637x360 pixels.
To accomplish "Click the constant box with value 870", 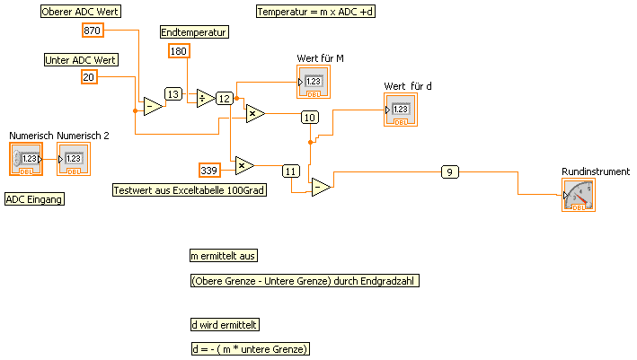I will (93, 31).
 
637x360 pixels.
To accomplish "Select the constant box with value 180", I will (179, 51).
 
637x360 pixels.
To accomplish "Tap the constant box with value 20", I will (89, 78).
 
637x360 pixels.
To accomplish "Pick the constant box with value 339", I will (209, 170).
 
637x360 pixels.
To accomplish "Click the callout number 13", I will (173, 93).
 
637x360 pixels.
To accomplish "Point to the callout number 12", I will (225, 99).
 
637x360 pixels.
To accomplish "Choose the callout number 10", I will (310, 117).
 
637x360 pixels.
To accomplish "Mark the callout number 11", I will (290, 171).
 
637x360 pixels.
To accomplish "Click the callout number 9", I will (451, 171).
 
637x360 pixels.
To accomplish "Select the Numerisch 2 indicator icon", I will (74, 160).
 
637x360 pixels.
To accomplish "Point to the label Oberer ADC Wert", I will (82, 12).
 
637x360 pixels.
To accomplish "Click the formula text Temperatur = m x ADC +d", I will (314, 12).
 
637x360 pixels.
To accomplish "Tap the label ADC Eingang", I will (35, 199).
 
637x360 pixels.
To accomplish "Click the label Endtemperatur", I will (194, 32).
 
